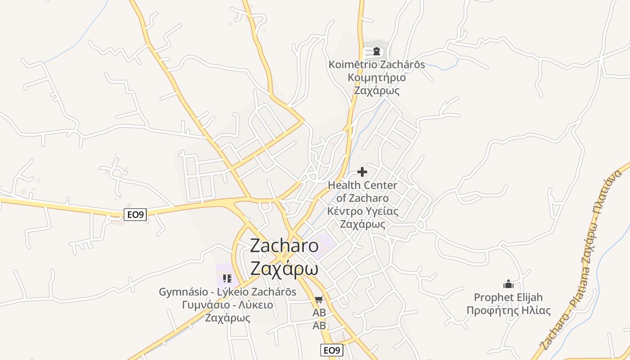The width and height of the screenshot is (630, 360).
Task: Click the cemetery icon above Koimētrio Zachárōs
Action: (x=377, y=51)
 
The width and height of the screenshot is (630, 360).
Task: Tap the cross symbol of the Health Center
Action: (x=362, y=172)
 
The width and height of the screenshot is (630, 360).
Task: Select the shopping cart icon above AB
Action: (x=319, y=299)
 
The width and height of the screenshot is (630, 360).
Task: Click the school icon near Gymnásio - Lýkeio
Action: (x=227, y=279)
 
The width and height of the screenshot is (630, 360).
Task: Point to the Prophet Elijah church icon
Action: (x=508, y=284)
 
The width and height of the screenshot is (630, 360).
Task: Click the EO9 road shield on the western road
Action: (x=135, y=215)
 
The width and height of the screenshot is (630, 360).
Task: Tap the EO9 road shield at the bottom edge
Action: (x=332, y=350)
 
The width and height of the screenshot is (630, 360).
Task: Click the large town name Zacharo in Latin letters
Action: (x=284, y=246)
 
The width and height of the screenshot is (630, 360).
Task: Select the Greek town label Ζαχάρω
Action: (x=284, y=269)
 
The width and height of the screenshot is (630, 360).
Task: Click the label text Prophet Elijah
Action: (x=508, y=297)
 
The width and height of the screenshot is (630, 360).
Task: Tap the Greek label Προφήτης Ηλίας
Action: (x=508, y=310)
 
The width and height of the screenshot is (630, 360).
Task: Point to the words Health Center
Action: (x=362, y=185)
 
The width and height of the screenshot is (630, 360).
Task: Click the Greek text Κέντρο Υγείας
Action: (x=362, y=211)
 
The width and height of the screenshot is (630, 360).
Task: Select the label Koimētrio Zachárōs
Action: (x=377, y=64)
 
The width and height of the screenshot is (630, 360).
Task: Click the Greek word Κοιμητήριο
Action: (x=377, y=77)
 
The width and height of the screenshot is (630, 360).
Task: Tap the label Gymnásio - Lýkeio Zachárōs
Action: (x=227, y=292)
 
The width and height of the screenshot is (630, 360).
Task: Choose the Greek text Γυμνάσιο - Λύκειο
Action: (x=227, y=305)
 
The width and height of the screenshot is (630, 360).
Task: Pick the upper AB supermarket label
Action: (x=319, y=312)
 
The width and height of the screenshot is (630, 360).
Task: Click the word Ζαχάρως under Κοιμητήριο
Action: (x=377, y=90)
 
